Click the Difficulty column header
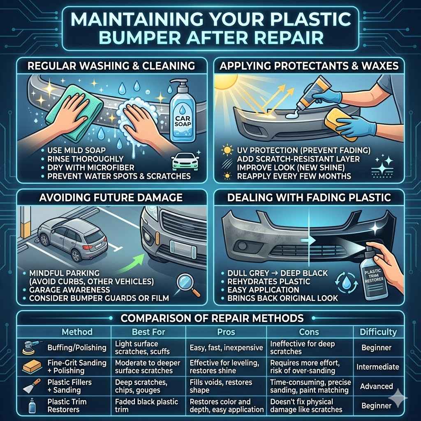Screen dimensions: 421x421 (x=378, y=331)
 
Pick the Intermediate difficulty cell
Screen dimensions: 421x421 (x=378, y=367)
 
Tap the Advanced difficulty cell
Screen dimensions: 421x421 (x=376, y=386)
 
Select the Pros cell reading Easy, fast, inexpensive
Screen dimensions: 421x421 (x=226, y=348)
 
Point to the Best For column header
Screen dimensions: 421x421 (x=148, y=331)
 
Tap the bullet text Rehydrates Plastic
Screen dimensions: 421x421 (x=269, y=281)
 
